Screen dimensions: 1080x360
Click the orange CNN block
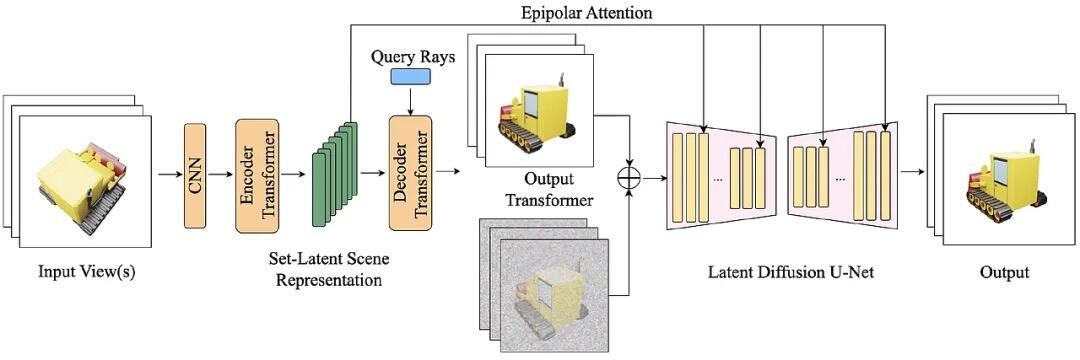point(195,175)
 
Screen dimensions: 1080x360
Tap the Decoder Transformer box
point(410,172)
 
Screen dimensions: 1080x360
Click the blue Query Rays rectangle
point(411,76)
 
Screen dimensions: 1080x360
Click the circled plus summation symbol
point(630,177)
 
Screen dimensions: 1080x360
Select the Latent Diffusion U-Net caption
point(791,273)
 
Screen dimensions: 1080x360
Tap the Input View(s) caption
point(86,272)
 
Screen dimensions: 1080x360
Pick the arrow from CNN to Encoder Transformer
point(221,175)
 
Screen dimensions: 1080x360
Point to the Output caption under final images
point(1005,273)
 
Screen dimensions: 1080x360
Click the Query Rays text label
point(413,56)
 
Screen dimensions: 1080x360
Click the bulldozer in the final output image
point(1006,175)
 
